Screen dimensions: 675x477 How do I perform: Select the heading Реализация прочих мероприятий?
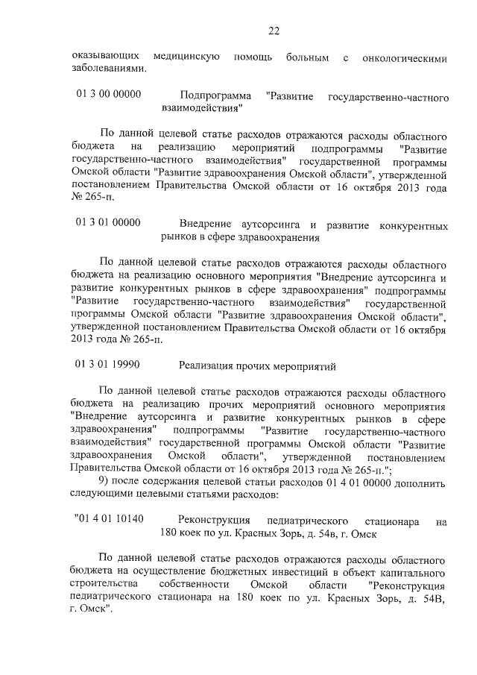(258, 365)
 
